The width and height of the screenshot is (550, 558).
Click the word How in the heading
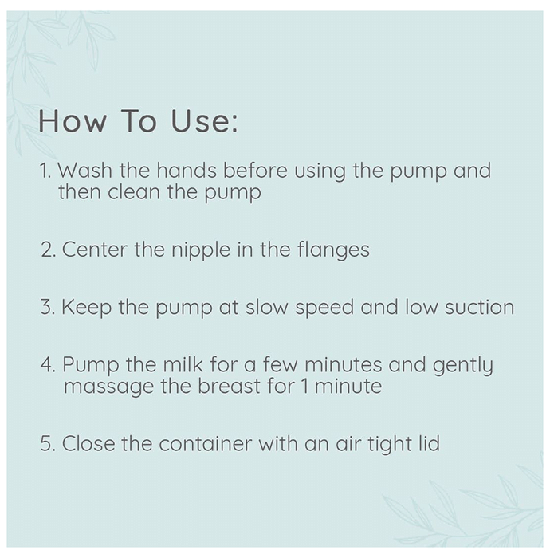pos(73,120)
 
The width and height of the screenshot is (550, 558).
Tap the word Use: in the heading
pos(204,120)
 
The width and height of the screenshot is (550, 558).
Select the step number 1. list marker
pos(45,170)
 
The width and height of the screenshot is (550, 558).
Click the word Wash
pos(85,170)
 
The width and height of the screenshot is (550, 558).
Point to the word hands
pos(187,170)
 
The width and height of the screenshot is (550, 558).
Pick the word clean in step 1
pos(134,192)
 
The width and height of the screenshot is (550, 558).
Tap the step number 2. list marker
pos(49,249)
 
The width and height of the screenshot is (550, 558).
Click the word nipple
pos(201,250)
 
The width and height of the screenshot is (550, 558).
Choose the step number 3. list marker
pos(48,307)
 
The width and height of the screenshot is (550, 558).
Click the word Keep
pos(87,308)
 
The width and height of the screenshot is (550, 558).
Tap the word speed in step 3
pos(324,308)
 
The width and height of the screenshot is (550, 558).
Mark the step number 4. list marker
pos(49,364)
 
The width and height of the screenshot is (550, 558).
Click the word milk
pos(183,364)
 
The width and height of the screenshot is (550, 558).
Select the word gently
pos(463,365)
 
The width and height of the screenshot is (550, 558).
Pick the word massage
pos(109,387)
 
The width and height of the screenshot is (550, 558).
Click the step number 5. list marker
pos(48,444)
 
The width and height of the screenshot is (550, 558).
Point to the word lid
pos(430,443)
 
